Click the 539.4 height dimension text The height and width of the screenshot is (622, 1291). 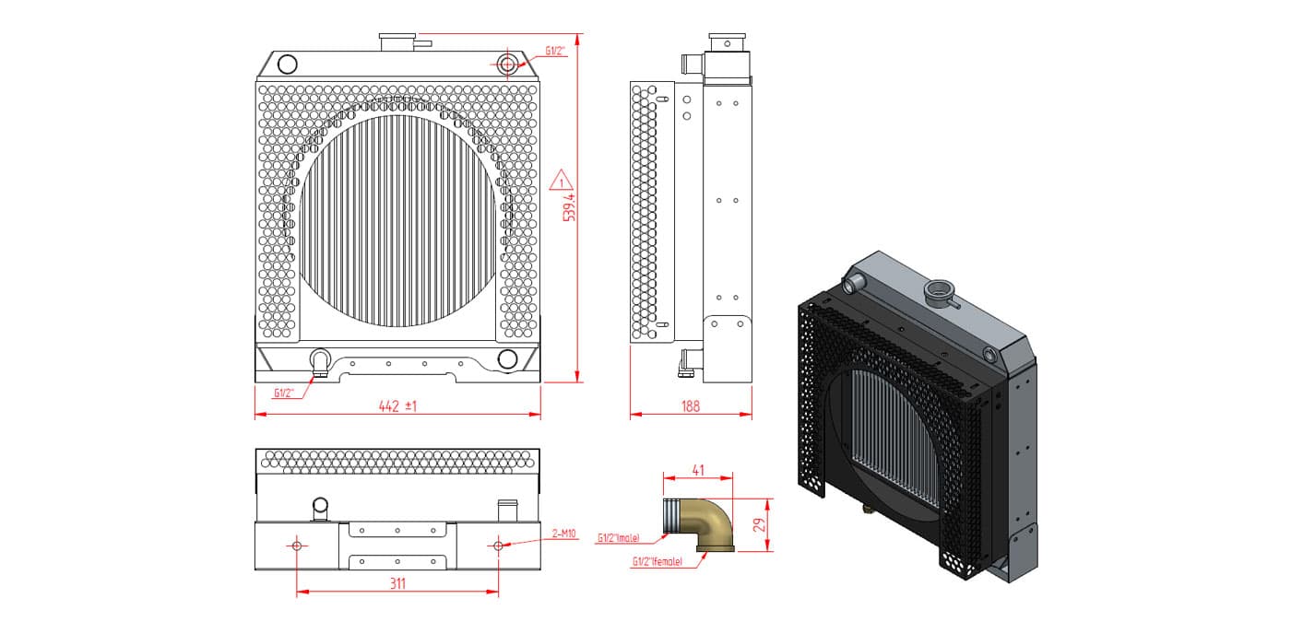pos(569,207)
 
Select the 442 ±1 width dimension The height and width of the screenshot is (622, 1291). pos(397,406)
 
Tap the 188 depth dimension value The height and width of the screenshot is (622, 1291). pos(691,406)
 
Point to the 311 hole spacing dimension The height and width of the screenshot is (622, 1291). pos(397,583)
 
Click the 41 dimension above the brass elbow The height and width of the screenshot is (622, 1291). pos(698,470)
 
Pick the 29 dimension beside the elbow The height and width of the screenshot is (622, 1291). pos(760,524)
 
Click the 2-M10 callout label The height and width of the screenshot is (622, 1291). pos(563,534)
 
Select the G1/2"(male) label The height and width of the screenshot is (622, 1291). pos(619,538)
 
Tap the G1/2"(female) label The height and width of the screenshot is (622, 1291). pos(657,561)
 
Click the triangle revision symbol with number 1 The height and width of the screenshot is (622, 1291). pos(561,181)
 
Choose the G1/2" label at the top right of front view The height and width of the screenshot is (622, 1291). pos(555,51)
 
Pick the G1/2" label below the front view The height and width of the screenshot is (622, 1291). pos(284,393)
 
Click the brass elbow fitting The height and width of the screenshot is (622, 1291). pos(699,523)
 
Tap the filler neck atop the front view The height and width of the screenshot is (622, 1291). pos(397,42)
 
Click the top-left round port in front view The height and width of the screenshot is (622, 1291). pos(287,64)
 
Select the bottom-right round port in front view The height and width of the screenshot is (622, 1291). pos(507,358)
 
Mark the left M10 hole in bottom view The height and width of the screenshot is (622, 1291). pos(297,545)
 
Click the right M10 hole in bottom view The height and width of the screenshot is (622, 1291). pos(498,545)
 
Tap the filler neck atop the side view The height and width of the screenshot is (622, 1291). pos(727,42)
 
